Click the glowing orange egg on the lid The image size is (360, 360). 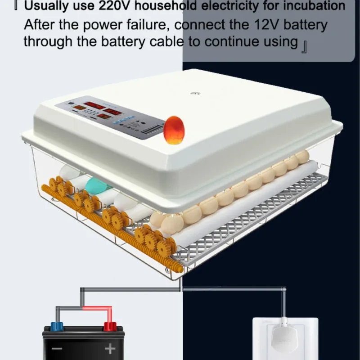pos(174,130)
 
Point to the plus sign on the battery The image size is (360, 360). pos(110,349)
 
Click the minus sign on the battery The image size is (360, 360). pos(57,349)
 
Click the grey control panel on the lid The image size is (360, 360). pos(110,118)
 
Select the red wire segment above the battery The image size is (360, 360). pos(97,309)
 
